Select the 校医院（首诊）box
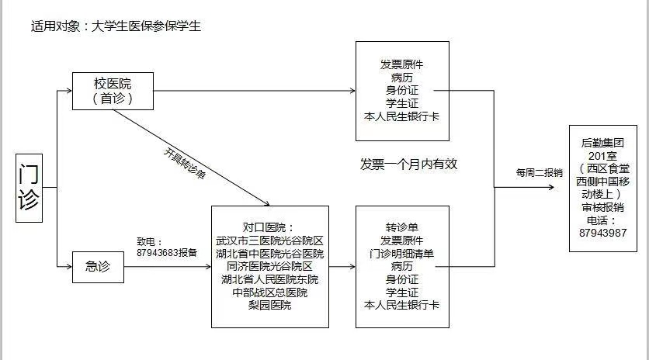[x=113, y=92]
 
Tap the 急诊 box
[x=99, y=267]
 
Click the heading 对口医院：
[x=268, y=227]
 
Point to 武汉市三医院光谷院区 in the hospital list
[x=269, y=241]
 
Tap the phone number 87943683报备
[x=167, y=253]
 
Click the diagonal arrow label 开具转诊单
[x=185, y=164]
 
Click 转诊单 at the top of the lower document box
[x=402, y=227]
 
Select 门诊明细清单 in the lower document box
[x=401, y=253]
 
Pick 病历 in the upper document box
[x=401, y=77]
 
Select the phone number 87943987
[x=603, y=233]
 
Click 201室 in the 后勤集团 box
[x=602, y=156]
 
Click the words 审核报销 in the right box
[x=602, y=207]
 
